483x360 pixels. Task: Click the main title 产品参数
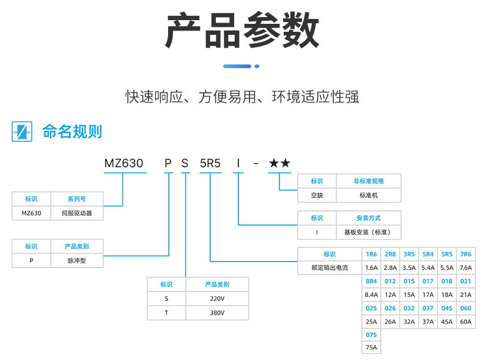[242, 32]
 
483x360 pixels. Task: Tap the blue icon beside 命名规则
[21, 131]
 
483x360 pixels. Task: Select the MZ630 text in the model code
[124, 163]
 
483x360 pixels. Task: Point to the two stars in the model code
[279, 163]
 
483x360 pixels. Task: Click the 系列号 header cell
[76, 199]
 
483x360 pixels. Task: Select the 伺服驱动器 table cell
[76, 213]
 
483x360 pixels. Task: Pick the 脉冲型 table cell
[76, 261]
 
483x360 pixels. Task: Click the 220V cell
[217, 299]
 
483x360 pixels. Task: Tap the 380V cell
[217, 313]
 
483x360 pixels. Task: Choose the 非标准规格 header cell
[369, 181]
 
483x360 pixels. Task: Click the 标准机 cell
[369, 195]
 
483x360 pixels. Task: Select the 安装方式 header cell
[369, 218]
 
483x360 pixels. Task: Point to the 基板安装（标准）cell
[369, 232]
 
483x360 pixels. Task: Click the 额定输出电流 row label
[330, 268]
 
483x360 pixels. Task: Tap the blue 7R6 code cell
[465, 254]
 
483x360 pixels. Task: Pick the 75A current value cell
[371, 348]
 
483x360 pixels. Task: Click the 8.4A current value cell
[371, 295]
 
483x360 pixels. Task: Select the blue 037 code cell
[428, 308]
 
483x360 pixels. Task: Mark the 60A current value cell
[465, 321]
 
